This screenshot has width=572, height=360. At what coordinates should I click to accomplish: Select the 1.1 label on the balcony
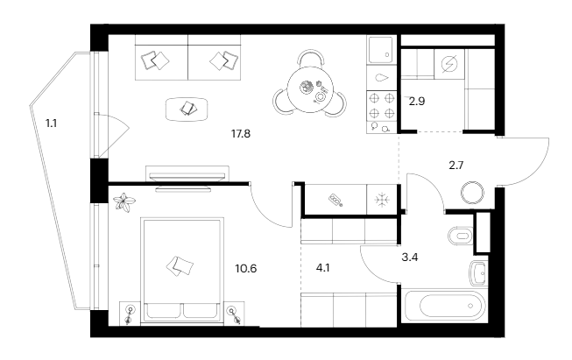point(53,124)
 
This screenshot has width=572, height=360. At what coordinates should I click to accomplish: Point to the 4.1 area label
point(324,259)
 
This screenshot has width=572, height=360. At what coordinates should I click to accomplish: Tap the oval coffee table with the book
point(189,109)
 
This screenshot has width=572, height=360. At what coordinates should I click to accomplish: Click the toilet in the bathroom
point(459,236)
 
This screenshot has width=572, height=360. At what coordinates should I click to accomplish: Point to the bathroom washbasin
point(478,274)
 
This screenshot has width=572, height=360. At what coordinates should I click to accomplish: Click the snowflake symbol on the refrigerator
point(381,199)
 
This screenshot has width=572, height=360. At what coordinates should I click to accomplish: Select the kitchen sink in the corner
point(381,51)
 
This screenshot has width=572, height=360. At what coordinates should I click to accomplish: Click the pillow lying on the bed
point(181,265)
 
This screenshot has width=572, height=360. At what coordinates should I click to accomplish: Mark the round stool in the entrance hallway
point(473,192)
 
